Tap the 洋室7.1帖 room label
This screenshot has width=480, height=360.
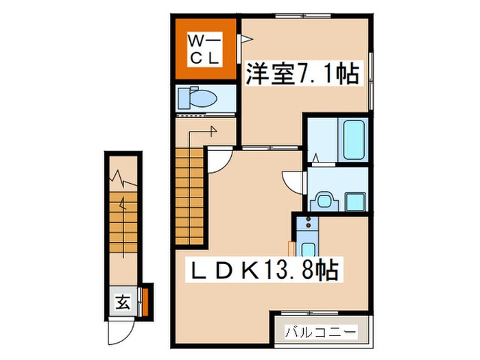302,73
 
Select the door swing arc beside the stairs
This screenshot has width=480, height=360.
219,160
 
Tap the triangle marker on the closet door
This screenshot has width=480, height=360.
241,40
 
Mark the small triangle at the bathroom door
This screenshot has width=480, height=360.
315,158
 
